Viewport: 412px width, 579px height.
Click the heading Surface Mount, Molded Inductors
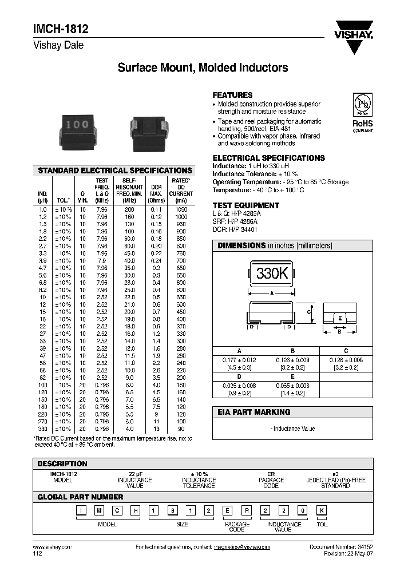pos(203,68)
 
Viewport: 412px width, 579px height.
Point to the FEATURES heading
pos(232,95)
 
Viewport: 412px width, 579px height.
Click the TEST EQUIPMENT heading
pos(245,205)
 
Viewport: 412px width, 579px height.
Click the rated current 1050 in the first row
pos(181,210)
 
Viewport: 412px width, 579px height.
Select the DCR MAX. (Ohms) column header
pos(156,193)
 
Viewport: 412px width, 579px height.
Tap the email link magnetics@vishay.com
pos(241,547)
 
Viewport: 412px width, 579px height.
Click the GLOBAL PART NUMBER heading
pos(80,497)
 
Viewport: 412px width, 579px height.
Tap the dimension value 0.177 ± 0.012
pos(239,359)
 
